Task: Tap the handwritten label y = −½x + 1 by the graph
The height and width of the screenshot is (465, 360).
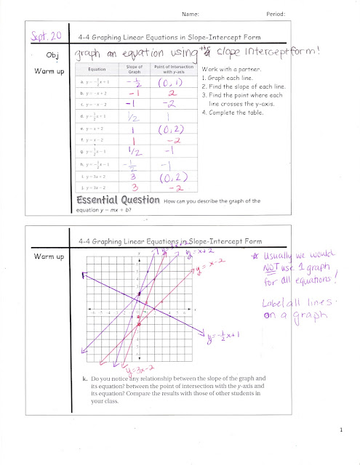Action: [231, 337]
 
